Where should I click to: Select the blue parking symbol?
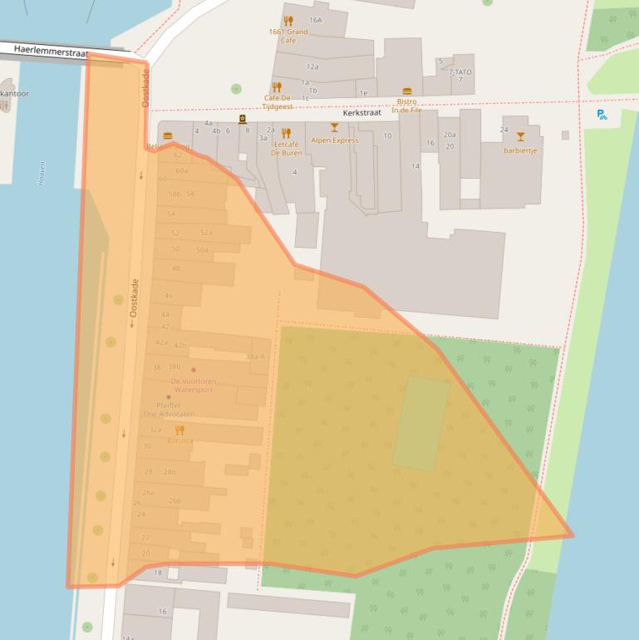click(602, 115)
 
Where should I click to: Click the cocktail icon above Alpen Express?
click(334, 128)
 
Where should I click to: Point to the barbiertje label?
click(520, 150)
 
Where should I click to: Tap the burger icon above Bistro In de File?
click(407, 91)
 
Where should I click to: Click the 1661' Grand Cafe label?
click(288, 36)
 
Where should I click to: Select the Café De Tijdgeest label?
click(278, 102)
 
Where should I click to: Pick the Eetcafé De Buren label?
click(285, 148)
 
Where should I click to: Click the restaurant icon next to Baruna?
click(179, 430)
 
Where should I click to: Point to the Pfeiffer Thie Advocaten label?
click(169, 409)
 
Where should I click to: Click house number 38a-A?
click(255, 357)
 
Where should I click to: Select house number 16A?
click(315, 20)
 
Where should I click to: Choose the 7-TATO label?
click(460, 72)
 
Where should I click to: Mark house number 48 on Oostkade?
click(175, 268)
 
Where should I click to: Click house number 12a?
click(312, 66)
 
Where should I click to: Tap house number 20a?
click(450, 135)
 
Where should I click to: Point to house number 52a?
click(206, 233)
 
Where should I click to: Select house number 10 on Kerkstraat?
click(387, 135)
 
